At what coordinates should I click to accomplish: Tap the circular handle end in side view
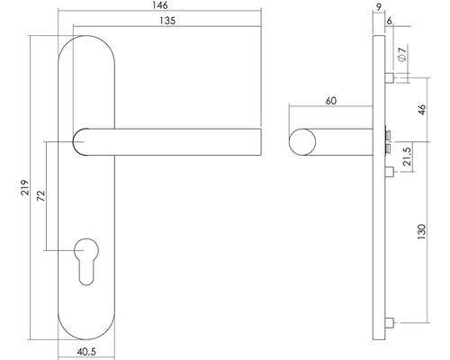coord(304,144)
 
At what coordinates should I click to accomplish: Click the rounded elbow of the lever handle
coord(82,144)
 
